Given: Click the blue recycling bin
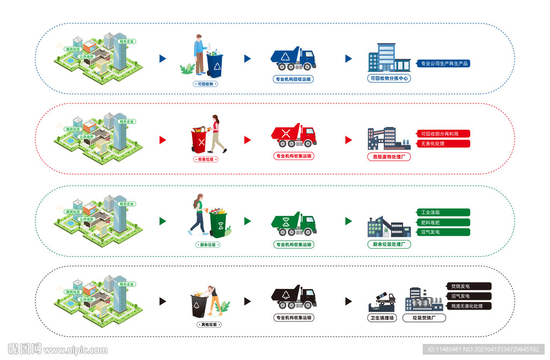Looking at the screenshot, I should pos(215,66).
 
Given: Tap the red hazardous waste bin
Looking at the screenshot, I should pos(199,141).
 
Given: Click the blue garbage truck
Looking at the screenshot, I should pos(293,59).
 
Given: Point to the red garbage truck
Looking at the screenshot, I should pos(293,136).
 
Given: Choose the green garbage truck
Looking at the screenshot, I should pos(293,224).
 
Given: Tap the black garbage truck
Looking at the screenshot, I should pos(293,297).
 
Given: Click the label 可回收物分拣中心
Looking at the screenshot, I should pos(389,78).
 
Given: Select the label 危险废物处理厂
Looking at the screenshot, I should pos(389,157).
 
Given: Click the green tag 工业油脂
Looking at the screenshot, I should pos(443,212).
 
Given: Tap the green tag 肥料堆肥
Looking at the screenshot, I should pos(443,222).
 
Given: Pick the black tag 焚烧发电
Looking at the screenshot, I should pos(468,286).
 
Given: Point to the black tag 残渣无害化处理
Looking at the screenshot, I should pos(468,306).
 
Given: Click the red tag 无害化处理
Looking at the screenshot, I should pos(443,143).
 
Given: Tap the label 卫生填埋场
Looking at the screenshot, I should pos(382,318).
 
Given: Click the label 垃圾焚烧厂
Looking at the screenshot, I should pos(424,318).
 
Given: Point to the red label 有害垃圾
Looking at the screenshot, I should pos(205,160).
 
